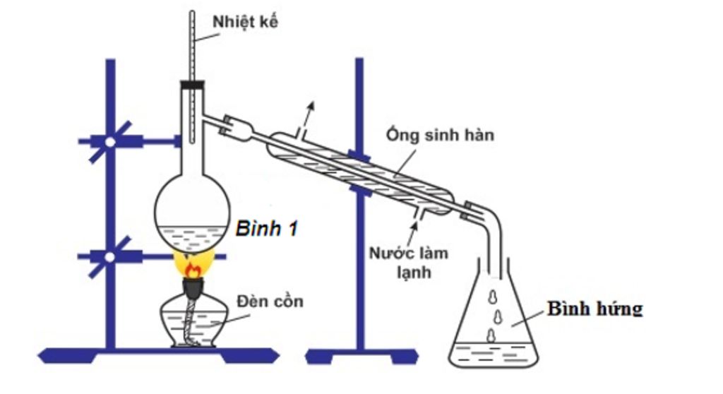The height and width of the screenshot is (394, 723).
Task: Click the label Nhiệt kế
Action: [x=246, y=22]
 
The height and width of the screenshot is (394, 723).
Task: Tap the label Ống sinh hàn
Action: [x=440, y=135]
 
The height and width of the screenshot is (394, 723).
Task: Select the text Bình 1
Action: [x=267, y=229]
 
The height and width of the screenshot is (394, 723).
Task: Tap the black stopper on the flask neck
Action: [x=192, y=85]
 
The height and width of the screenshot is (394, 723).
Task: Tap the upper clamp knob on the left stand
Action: [x=110, y=141]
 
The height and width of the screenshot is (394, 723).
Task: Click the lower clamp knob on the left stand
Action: [x=110, y=257]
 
